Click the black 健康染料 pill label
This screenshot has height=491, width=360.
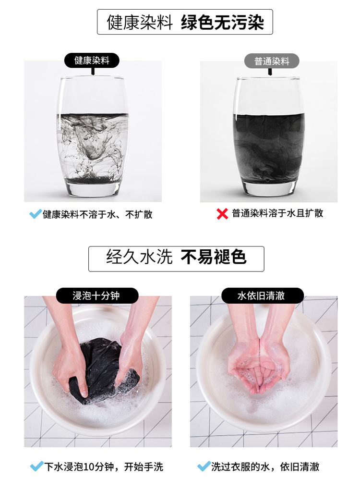[92, 61]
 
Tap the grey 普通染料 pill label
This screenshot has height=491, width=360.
[272, 61]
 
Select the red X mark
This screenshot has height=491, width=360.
[222, 214]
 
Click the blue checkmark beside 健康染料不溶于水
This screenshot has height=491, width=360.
[35, 214]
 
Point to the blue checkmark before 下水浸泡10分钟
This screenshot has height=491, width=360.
[36, 466]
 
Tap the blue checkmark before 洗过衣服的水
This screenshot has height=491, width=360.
[204, 466]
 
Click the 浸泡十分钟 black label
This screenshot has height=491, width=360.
[97, 295]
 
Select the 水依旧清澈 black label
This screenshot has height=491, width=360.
[262, 295]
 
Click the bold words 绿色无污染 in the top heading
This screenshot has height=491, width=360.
[222, 22]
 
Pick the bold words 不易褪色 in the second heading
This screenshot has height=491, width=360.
[214, 257]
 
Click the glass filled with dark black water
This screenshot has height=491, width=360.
[269, 136]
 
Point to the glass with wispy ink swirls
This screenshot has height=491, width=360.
[93, 136]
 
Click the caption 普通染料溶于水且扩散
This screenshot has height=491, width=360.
[277, 213]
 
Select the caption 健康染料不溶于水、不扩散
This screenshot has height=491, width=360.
[97, 214]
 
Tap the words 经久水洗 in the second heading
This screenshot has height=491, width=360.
[140, 257]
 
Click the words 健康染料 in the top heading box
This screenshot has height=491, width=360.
[140, 22]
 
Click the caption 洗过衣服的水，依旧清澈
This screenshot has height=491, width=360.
[265, 466]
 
